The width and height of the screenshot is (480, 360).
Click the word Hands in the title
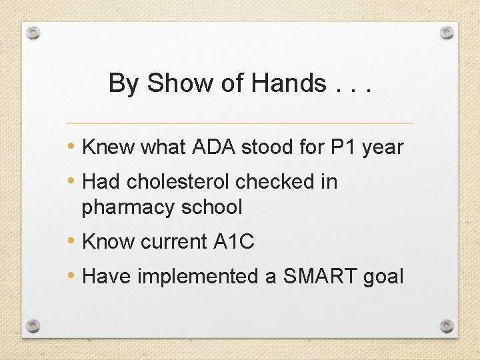[289, 83]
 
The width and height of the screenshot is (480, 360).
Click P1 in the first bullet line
[344, 147]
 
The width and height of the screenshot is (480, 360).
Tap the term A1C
[234, 242]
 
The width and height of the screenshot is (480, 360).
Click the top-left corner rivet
[34, 33]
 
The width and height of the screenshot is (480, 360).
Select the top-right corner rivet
[447, 33]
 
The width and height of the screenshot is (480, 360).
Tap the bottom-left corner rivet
[34, 326]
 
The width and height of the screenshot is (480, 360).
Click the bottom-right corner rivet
[447, 326]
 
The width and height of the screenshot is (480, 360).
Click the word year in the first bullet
[383, 147]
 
